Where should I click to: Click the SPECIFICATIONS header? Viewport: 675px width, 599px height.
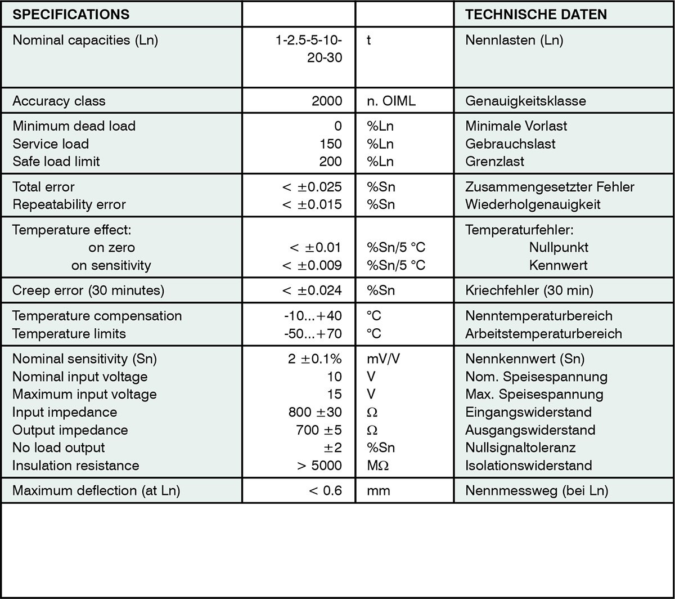point(71,14)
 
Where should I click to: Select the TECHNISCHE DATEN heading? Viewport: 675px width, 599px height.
point(536,14)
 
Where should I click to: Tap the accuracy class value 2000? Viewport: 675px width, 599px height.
point(327,101)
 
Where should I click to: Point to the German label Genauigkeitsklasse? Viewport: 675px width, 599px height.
point(525,101)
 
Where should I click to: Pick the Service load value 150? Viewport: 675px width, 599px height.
point(330,144)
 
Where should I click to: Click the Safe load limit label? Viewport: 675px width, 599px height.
point(56,162)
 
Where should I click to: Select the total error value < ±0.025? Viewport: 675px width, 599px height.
point(312,186)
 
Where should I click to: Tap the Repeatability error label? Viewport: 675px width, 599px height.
point(69,204)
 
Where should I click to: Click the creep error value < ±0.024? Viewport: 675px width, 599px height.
point(312,290)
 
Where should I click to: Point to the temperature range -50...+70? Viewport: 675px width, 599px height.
point(313,333)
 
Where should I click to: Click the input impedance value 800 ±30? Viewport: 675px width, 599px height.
point(315,412)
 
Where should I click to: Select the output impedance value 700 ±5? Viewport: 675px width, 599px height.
point(318,430)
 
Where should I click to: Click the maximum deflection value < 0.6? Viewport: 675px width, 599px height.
point(325,490)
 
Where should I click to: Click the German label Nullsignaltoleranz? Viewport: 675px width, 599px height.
point(520,448)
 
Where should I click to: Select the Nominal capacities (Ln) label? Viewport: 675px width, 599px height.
point(85,41)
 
